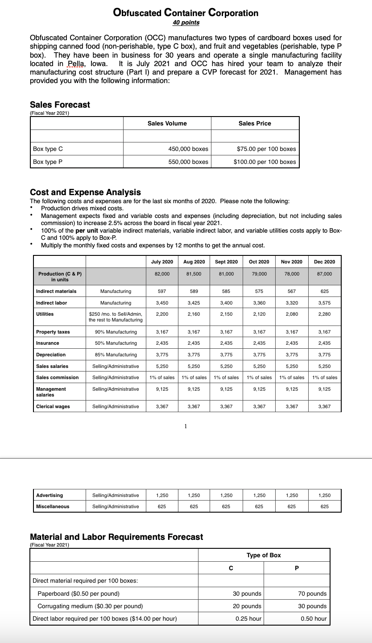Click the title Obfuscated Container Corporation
186,13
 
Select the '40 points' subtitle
186,22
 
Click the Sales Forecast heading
60,104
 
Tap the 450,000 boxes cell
188,149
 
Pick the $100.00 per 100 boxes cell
265,162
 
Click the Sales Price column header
255,123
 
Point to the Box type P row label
45,162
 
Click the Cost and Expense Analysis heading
85,192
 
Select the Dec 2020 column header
325,261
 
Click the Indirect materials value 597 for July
162,291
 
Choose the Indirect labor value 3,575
325,303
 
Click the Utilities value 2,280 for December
325,314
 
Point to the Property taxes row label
53,332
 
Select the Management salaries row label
51,392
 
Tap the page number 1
186,426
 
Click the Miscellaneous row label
53,506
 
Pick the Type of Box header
264,555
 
